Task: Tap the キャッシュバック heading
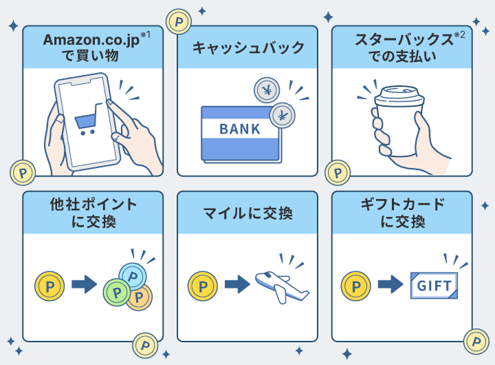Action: (247, 48)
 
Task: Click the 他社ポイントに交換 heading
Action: (93, 213)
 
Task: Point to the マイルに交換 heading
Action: (247, 213)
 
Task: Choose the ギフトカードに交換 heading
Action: (402, 213)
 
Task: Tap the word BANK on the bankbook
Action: (240, 129)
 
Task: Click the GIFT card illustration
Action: (433, 284)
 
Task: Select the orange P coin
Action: (140, 296)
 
